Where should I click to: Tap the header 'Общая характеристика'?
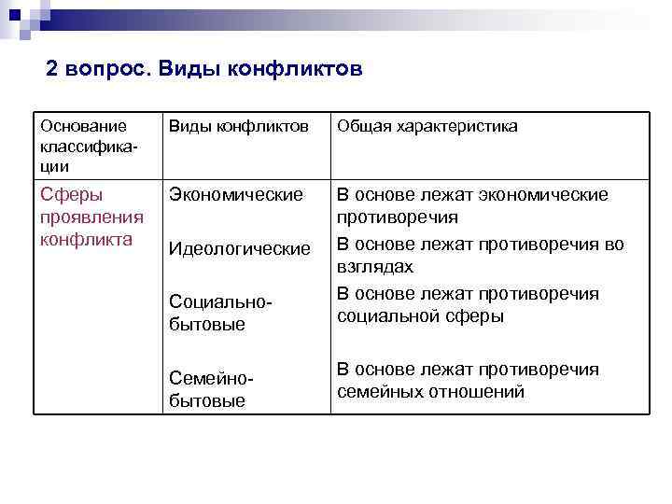click(x=427, y=126)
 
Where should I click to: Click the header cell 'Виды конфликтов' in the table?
click(x=238, y=126)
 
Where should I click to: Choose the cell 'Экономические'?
click(x=235, y=195)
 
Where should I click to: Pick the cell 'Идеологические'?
click(x=239, y=249)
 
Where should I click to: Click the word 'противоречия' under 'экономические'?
click(x=398, y=217)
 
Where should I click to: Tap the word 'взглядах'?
click(x=374, y=268)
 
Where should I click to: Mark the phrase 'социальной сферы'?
click(x=420, y=316)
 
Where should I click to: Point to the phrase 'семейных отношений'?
click(x=430, y=392)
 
